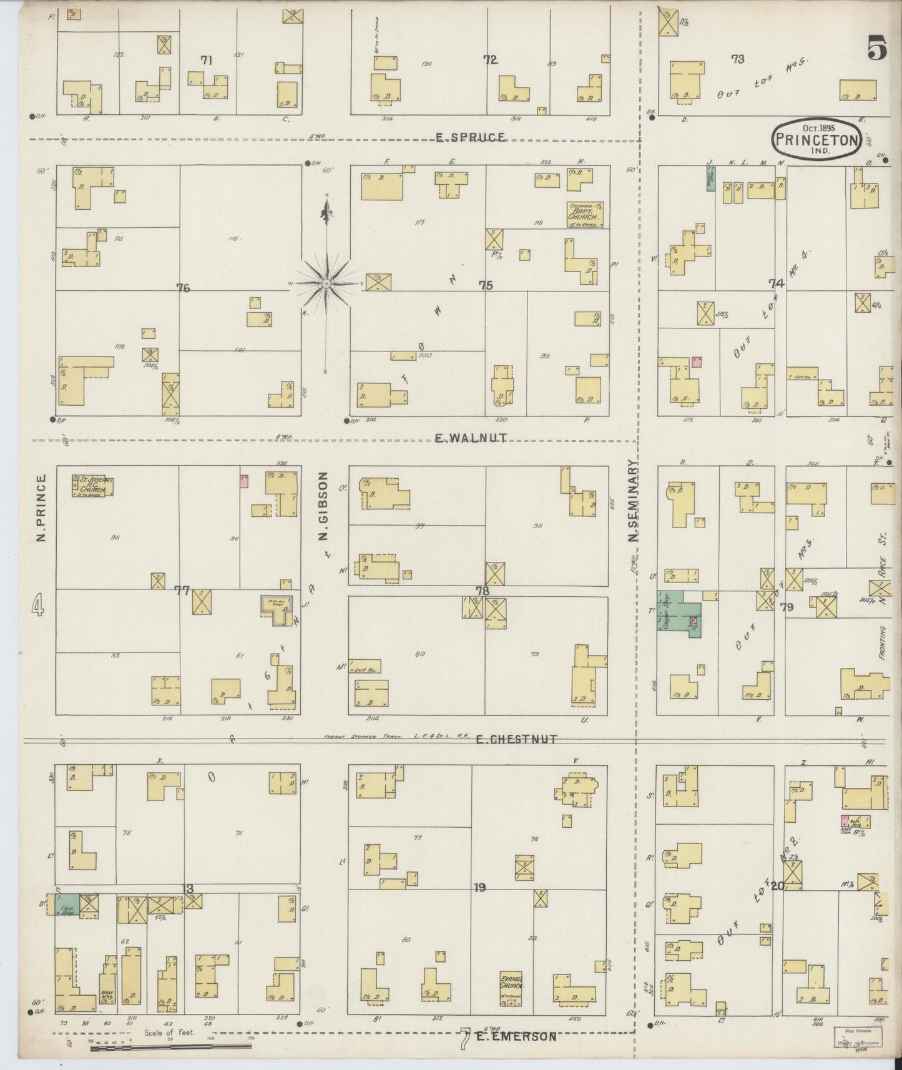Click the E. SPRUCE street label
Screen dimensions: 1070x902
point(470,137)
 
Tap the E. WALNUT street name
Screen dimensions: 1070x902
point(470,439)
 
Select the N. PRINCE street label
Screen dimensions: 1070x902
point(41,508)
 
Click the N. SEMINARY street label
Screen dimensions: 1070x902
point(632,501)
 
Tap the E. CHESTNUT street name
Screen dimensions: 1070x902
point(516,739)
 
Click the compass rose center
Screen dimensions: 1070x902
point(326,284)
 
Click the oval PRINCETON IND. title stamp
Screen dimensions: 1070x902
point(816,139)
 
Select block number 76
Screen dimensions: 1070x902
point(183,288)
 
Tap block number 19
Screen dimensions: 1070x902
point(479,887)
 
